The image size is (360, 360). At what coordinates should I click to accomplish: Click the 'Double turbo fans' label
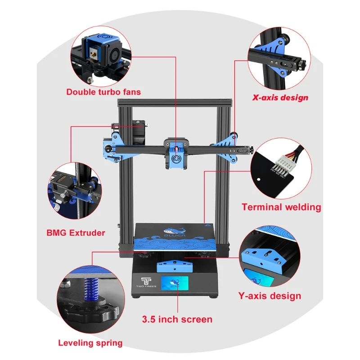103,92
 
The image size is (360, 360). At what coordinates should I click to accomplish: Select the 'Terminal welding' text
281,207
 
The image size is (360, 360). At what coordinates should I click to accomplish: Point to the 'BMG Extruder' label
76,233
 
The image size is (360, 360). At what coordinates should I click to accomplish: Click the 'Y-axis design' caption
270,296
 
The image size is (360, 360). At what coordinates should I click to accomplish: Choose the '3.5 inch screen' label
177,319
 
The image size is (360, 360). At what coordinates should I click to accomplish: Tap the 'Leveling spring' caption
90,343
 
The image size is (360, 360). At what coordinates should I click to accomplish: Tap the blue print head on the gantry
175,155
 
